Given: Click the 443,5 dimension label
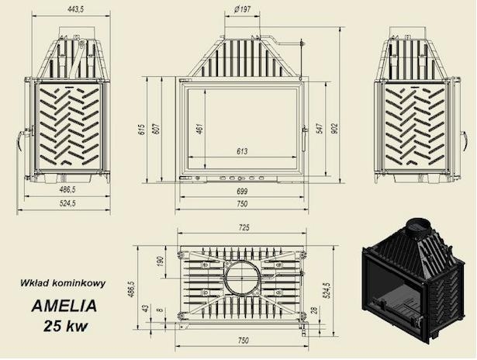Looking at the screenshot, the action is pyautogui.click(x=75, y=10).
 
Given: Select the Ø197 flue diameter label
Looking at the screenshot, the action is pyautogui.click(x=243, y=9).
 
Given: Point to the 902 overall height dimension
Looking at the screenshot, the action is pyautogui.click(x=334, y=129).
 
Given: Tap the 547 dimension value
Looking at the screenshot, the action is pyautogui.click(x=320, y=129).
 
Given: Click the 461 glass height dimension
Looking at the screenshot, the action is pyautogui.click(x=199, y=129).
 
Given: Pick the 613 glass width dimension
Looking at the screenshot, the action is pyautogui.click(x=242, y=151).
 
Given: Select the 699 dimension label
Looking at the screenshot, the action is pyautogui.click(x=242, y=191).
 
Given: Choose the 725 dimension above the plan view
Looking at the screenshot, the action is pyautogui.click(x=244, y=227).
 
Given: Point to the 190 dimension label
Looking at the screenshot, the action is pyautogui.click(x=160, y=261).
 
